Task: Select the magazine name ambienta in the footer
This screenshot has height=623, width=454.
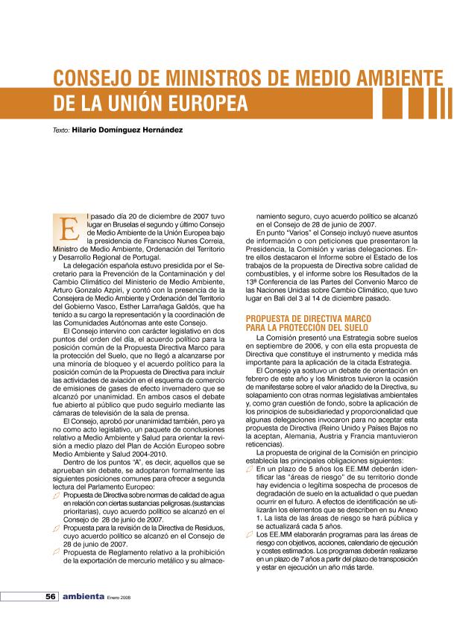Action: pos(82,597)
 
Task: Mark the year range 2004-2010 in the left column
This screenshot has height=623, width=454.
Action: pos(133,450)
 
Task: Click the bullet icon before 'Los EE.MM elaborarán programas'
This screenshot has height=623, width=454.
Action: pos(249,534)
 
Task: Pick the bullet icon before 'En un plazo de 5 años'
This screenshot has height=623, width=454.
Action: pos(249,470)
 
